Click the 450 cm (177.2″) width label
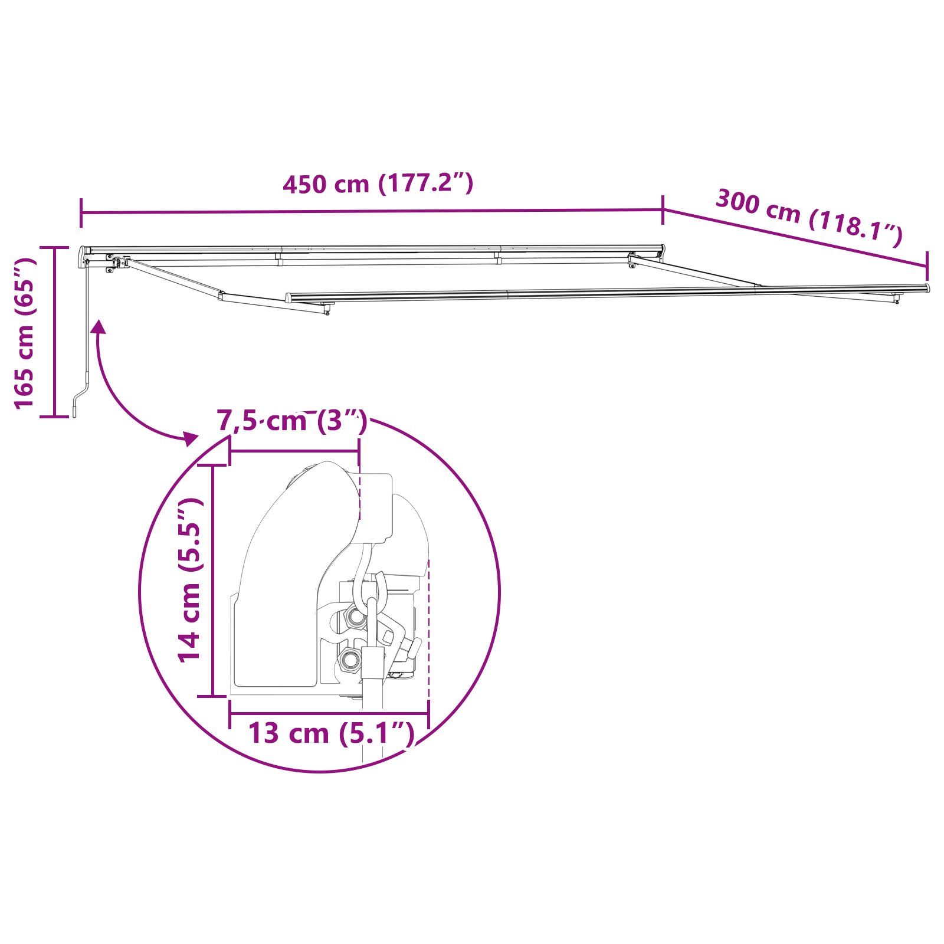tap(378, 183)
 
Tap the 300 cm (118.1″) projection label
tap(808, 217)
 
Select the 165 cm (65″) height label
tap(25, 333)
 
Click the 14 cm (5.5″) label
tap(191, 580)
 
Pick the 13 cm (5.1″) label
tap(331, 733)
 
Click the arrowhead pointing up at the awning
tap(99, 326)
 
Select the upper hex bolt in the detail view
tap(356, 617)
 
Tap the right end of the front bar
tap(927, 288)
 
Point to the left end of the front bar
tap(289, 298)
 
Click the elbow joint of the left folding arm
tap(221, 296)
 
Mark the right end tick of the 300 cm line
tap(927, 266)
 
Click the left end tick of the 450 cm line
tap(81, 213)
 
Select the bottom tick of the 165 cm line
tap(54, 417)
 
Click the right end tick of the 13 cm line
tap(428, 714)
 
